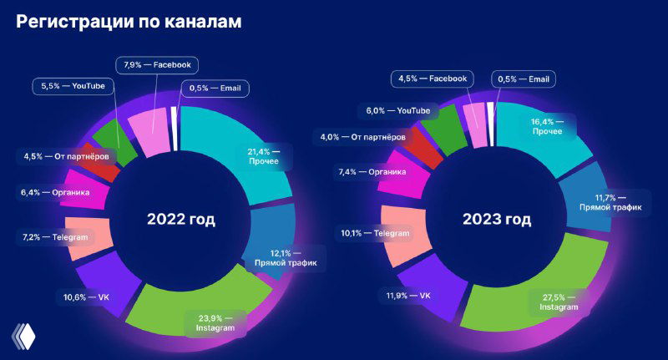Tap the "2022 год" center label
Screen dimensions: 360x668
(x=181, y=220)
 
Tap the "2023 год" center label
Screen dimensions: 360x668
(x=496, y=220)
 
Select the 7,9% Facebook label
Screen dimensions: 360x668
(x=157, y=63)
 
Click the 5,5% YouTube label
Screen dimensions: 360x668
(x=73, y=85)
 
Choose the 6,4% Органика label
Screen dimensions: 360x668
(x=55, y=191)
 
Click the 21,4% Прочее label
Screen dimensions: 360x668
(x=267, y=155)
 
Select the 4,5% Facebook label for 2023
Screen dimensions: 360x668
(x=432, y=79)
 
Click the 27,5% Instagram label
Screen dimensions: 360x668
(x=558, y=302)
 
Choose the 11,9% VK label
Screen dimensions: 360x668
(x=408, y=295)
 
